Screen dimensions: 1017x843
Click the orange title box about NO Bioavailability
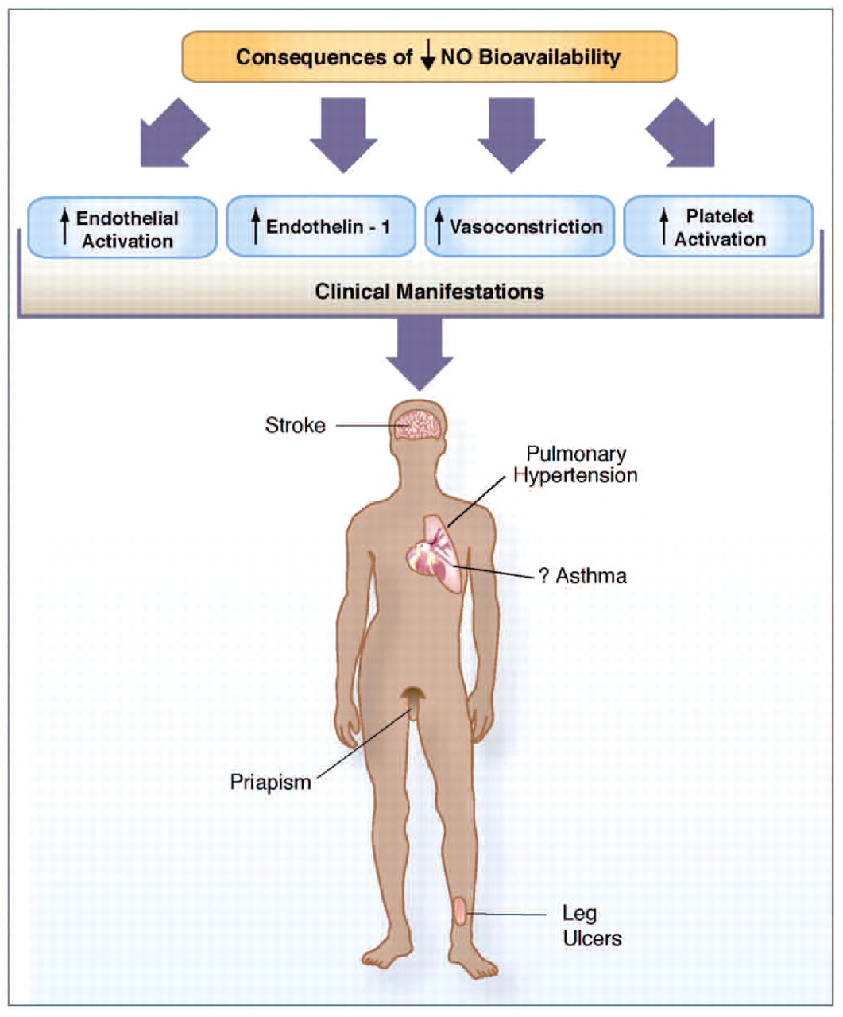pyautogui.click(x=429, y=57)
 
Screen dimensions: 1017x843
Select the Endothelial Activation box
pyautogui.click(x=122, y=228)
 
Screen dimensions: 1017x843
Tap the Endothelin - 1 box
pyautogui.click(x=321, y=227)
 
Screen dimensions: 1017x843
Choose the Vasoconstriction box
pyautogui.click(x=520, y=227)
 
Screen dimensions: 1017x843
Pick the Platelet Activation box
pyautogui.click(x=718, y=227)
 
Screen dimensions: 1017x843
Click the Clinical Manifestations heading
pyautogui.click(x=429, y=291)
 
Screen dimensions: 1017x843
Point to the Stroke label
pyautogui.click(x=295, y=426)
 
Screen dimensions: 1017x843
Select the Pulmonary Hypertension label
pyautogui.click(x=574, y=465)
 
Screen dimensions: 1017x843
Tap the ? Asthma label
pyautogui.click(x=582, y=575)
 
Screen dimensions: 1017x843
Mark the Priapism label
pyautogui.click(x=270, y=782)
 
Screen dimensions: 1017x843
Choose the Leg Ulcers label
pyautogui.click(x=591, y=926)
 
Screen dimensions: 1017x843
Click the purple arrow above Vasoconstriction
pyautogui.click(x=511, y=133)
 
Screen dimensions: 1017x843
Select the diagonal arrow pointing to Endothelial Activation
pyautogui.click(x=172, y=133)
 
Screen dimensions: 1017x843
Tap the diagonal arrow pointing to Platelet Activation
pyautogui.click(x=681, y=133)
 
